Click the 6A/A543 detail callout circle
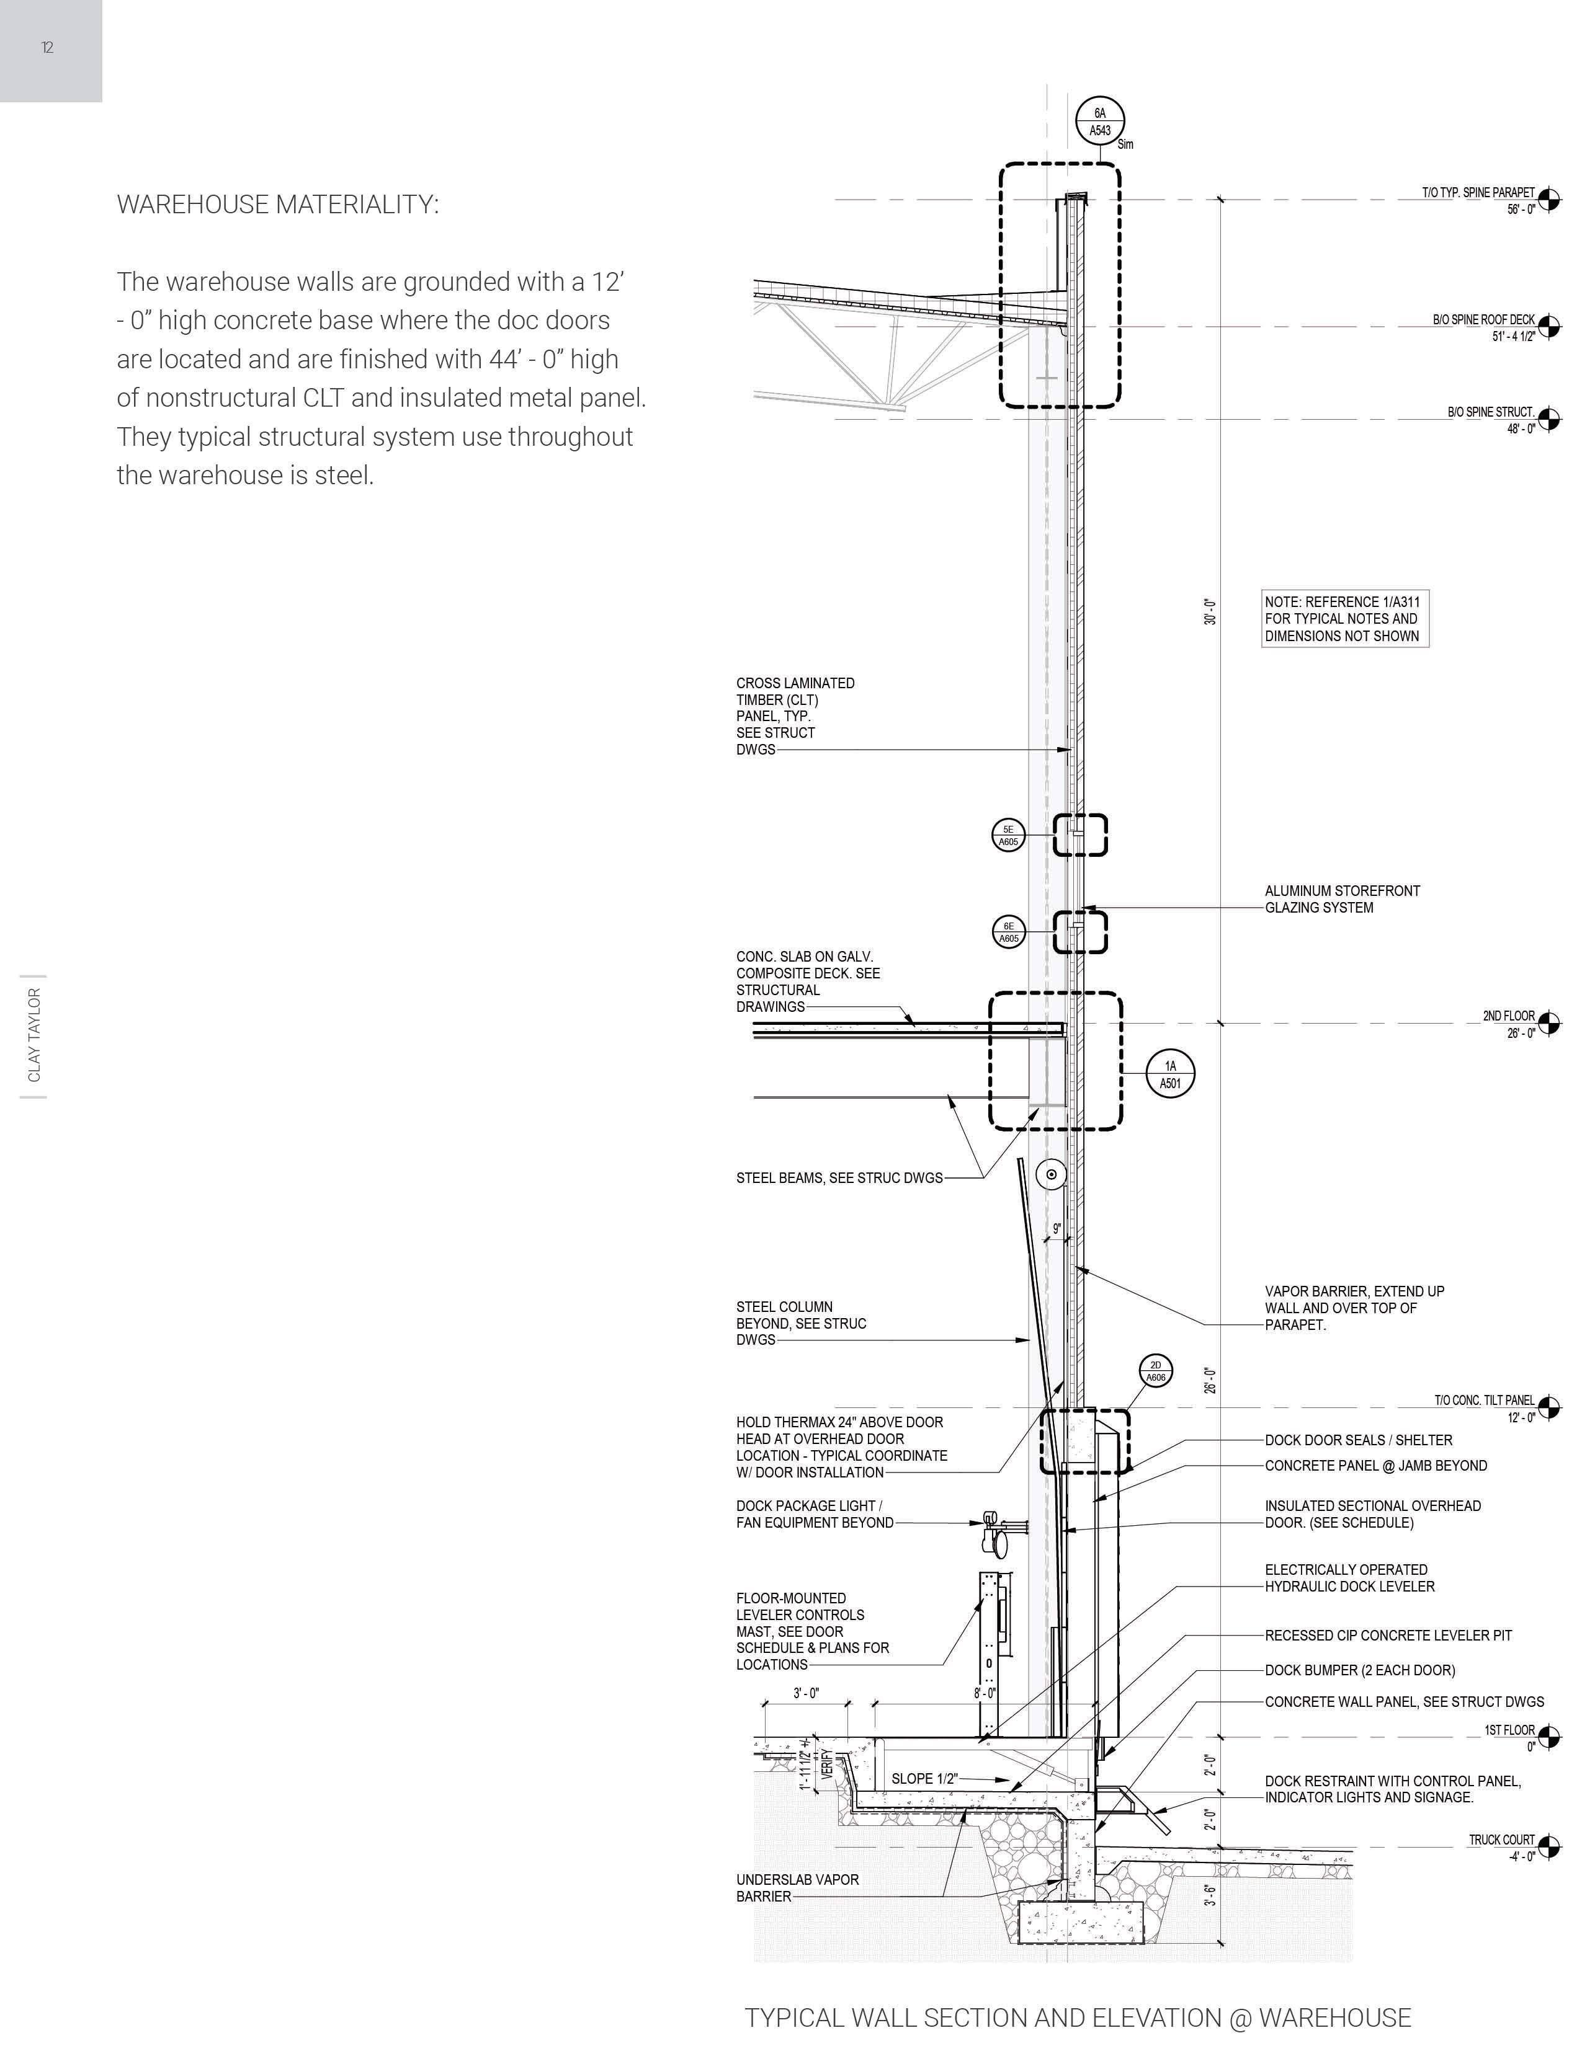tap(1101, 122)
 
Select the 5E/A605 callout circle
tap(1008, 835)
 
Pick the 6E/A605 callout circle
tap(1008, 932)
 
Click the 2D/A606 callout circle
tap(1156, 1371)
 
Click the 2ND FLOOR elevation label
tap(1509, 1016)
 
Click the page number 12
tap(47, 48)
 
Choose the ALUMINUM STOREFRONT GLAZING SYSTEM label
tap(1342, 900)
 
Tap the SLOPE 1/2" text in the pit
tap(924, 1779)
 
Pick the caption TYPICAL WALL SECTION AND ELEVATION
tap(1078, 2018)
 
